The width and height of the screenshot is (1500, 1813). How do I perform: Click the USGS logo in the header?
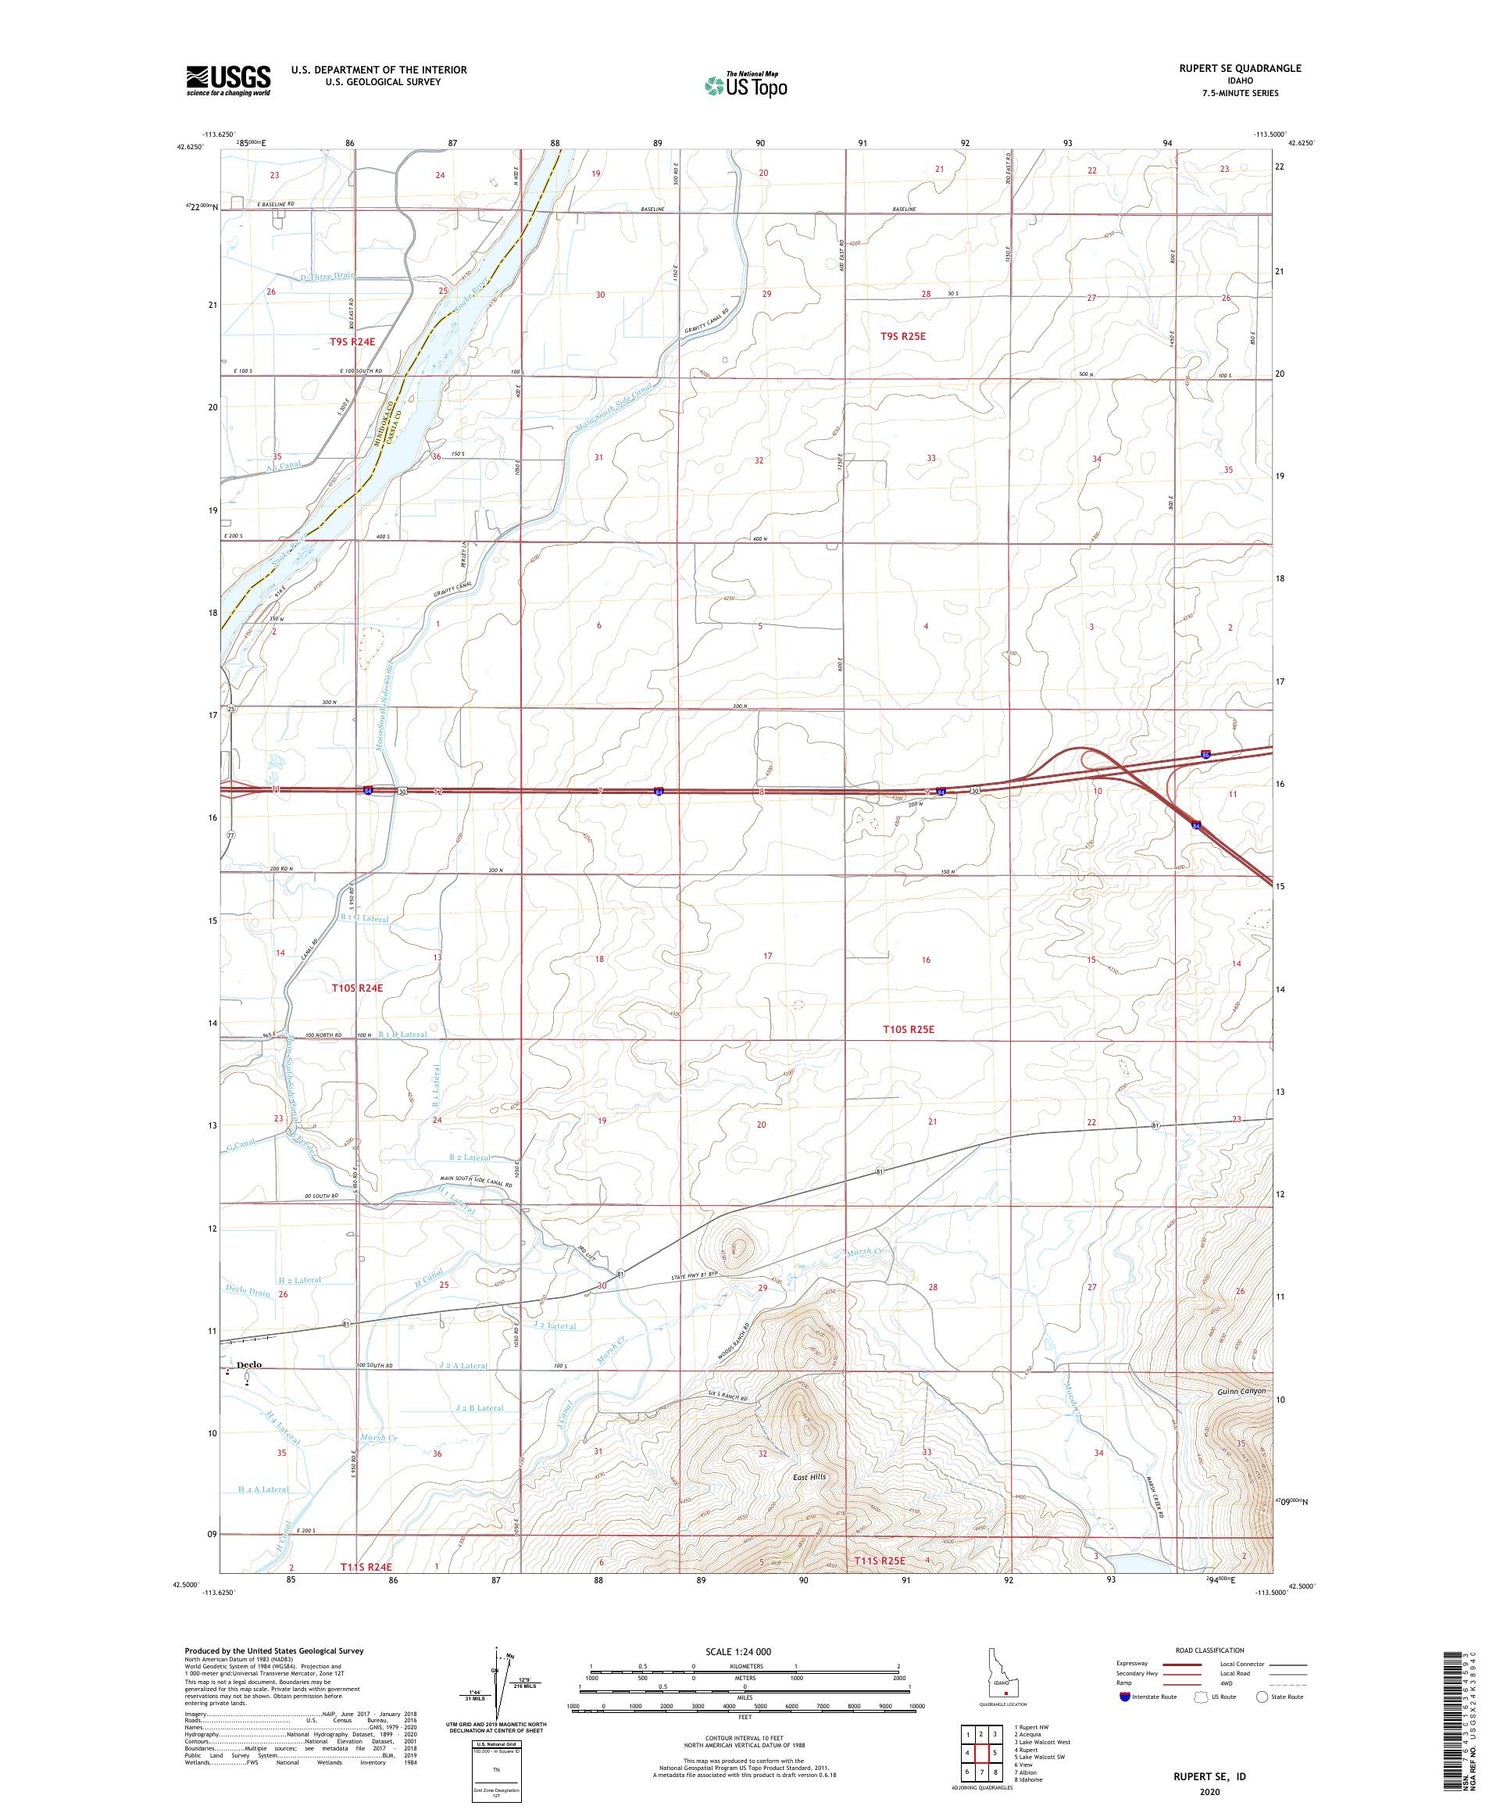(x=228, y=80)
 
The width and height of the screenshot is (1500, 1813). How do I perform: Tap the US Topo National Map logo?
(x=746, y=85)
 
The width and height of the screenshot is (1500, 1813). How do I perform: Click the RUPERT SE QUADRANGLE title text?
(x=1240, y=68)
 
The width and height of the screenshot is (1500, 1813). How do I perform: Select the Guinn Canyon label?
(x=1241, y=1391)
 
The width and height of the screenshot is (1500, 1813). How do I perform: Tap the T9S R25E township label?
(x=903, y=337)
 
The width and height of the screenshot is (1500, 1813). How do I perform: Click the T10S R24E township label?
(x=356, y=987)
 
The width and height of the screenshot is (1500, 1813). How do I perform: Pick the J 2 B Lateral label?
(x=479, y=1408)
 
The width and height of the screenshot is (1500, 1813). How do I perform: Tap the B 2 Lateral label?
(x=470, y=1157)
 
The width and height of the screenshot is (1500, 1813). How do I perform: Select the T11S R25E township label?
(x=878, y=1560)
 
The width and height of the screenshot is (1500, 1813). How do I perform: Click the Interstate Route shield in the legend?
(x=1125, y=1697)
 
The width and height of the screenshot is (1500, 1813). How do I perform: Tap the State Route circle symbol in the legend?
(x=1262, y=1697)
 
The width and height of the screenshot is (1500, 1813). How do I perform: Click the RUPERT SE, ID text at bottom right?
(x=1209, y=1776)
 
